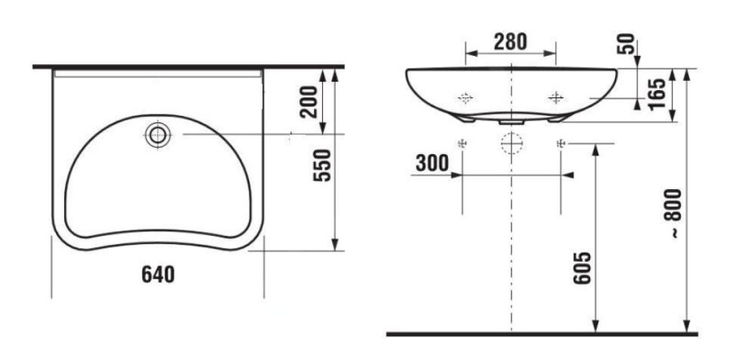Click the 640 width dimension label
click(x=158, y=275)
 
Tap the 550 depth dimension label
click(x=322, y=165)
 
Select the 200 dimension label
click(x=308, y=101)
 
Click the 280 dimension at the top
click(x=510, y=41)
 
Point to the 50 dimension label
click(x=627, y=43)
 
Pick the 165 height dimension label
click(x=657, y=95)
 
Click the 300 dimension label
click(x=432, y=163)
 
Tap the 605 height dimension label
click(x=582, y=268)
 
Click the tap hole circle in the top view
click(x=158, y=135)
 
